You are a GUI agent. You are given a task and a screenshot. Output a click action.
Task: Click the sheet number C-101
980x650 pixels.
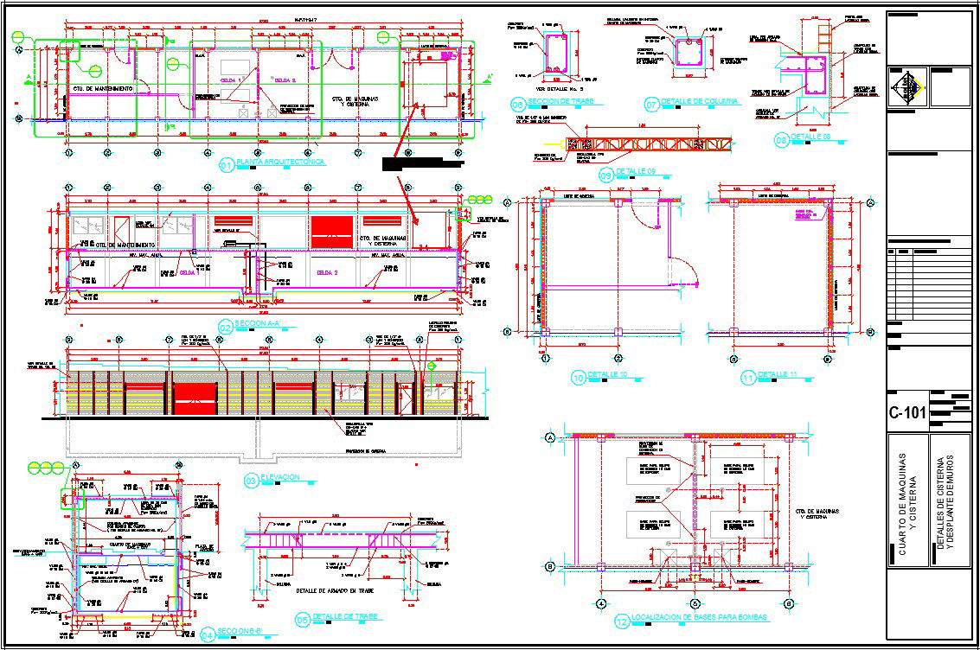point(907,412)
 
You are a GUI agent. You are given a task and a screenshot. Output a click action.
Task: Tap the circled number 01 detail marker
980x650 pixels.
point(227,165)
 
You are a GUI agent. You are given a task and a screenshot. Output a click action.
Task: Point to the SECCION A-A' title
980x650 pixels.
point(262,325)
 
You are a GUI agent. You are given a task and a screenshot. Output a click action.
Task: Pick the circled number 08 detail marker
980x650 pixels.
point(781,139)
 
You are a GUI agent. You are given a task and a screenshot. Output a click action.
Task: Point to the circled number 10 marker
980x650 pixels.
point(579,377)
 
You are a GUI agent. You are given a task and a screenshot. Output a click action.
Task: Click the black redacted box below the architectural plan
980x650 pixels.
point(418,162)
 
